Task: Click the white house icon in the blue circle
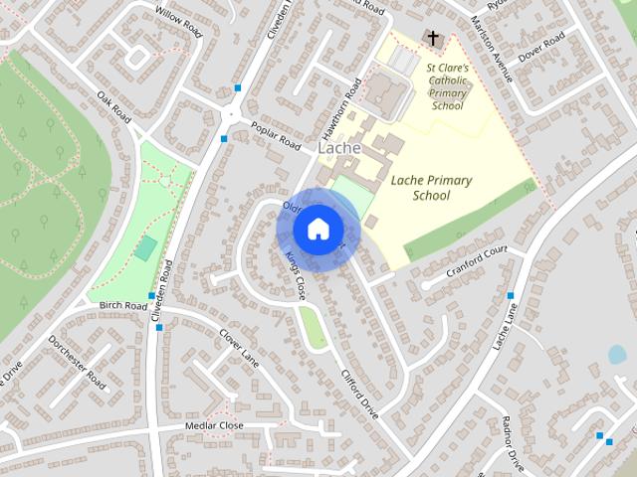(x=318, y=230)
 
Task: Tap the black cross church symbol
(x=432, y=39)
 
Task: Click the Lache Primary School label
(x=431, y=188)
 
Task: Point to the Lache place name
(x=338, y=148)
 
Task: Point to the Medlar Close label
(x=214, y=425)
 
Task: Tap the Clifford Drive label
(x=360, y=393)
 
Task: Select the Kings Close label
(x=294, y=275)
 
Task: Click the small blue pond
(x=617, y=354)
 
